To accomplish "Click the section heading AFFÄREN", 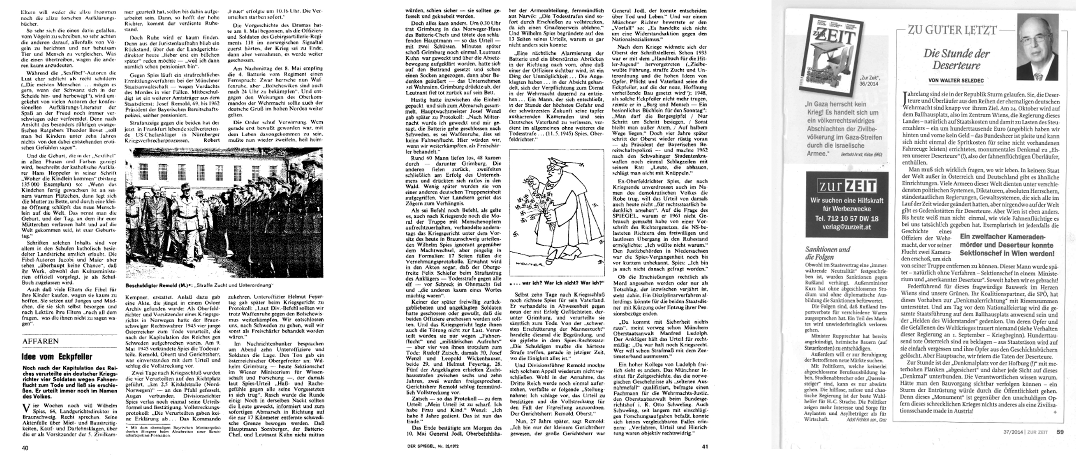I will pos(41,341).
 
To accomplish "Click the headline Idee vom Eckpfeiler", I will pos(57,356).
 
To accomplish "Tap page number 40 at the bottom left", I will pos(25,448).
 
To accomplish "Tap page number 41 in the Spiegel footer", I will pos(705,446).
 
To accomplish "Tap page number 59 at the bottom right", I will pos(1060,432).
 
